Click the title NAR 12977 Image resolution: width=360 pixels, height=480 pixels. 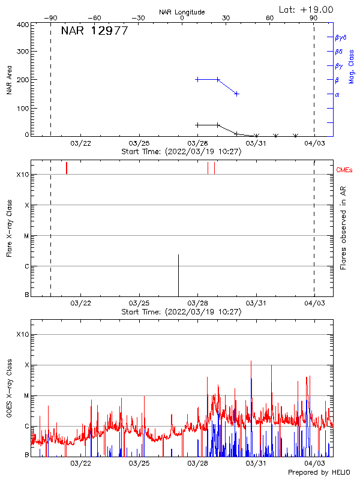coord(94,31)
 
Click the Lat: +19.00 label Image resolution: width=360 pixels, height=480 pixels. coord(307,10)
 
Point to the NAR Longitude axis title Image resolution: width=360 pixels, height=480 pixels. coord(182,12)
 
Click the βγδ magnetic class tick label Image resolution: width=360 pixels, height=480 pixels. coord(340,37)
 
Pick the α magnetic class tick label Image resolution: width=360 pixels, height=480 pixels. coord(337,94)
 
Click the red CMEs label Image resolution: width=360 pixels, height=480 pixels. coord(345,170)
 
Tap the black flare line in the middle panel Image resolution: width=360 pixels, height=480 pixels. coord(178,275)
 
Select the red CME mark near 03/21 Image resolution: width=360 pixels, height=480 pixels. coord(67,168)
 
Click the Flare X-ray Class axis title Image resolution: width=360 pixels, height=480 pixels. coord(9,230)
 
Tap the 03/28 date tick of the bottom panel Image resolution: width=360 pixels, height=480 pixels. coord(197,464)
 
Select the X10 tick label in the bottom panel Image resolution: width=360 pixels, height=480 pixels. coord(23,334)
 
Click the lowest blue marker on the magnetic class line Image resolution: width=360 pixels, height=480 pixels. coord(237,94)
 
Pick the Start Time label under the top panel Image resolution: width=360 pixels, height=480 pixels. coord(181,152)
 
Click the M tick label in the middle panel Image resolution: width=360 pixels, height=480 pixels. coord(26,236)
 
